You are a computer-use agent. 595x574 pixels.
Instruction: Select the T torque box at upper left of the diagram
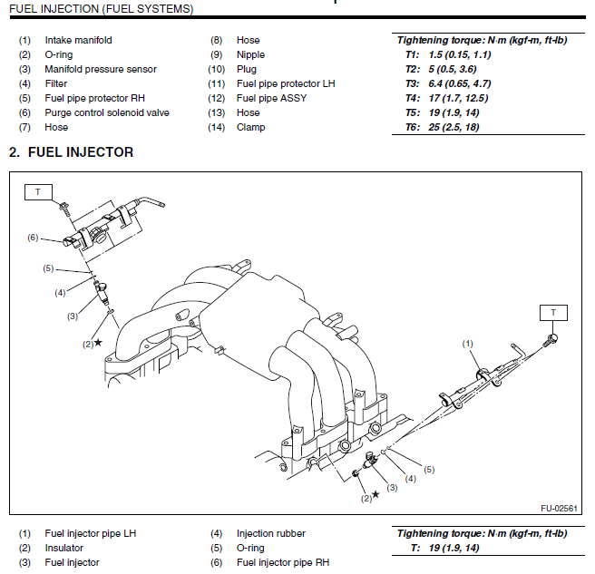38,191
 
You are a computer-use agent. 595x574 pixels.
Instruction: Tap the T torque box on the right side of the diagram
552,313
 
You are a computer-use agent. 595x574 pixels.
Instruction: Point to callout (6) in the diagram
33,238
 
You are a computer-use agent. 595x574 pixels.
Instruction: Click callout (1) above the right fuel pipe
468,344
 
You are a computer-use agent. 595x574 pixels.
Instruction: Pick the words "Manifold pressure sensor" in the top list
101,69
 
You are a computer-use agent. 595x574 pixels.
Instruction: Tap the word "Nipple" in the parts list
251,54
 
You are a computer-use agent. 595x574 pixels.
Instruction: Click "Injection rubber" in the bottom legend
271,533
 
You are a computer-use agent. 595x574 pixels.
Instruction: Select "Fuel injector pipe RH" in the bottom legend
283,562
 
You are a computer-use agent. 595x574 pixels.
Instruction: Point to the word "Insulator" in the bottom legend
64,548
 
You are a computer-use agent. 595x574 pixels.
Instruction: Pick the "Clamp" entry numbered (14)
251,127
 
